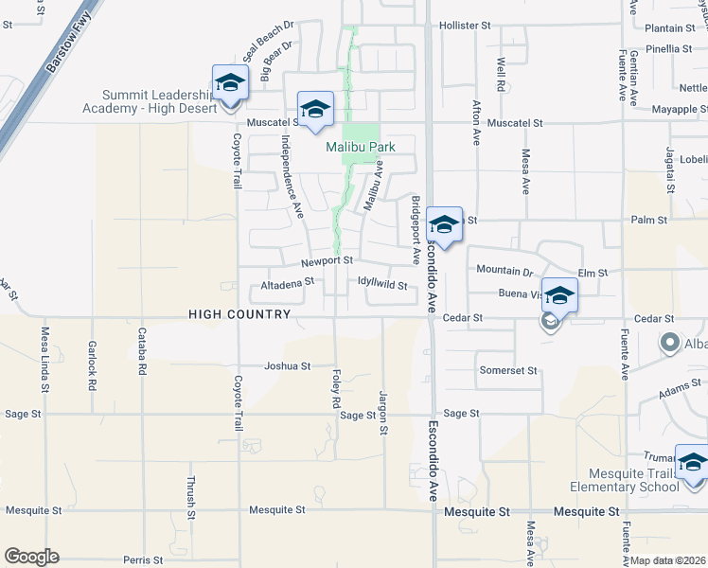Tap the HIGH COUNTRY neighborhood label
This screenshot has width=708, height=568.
coord(239,314)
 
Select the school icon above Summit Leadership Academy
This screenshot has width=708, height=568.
coord(230,82)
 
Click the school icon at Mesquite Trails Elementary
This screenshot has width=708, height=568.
coord(692,463)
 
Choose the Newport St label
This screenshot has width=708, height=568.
coord(327,260)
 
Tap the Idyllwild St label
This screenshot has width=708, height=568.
coord(382,284)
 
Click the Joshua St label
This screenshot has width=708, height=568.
coord(287,365)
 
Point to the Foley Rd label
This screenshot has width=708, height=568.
coord(336,388)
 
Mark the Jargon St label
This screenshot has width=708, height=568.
coord(383,413)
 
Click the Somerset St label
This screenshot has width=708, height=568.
coord(508,370)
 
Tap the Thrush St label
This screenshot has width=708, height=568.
coord(191,496)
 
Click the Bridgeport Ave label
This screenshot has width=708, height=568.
coord(415,230)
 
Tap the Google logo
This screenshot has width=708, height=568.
coord(31,557)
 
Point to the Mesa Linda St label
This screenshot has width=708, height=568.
coord(44,355)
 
